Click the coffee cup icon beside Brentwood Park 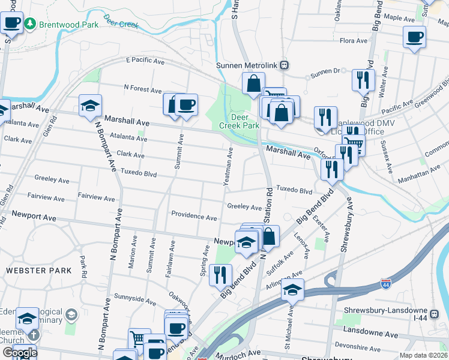tap(12, 23)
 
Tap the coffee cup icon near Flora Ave tap(414, 37)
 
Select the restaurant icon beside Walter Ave tap(363, 80)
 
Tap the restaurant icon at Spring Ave tap(222, 275)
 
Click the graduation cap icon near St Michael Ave tap(292, 290)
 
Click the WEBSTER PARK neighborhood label tap(38, 271)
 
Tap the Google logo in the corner tap(20, 353)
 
